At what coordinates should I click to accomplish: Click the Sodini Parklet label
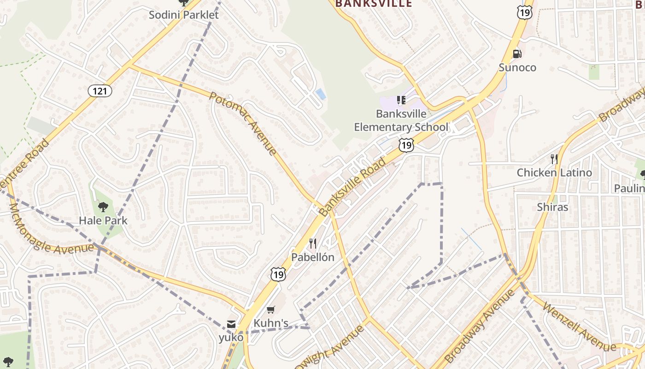[x=183, y=15]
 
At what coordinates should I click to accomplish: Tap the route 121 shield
[x=100, y=91]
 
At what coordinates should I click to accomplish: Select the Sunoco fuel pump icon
[x=517, y=54]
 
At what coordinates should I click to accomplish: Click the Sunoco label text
[x=517, y=68]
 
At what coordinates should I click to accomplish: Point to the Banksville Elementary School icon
[x=401, y=100]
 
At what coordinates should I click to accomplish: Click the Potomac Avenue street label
[x=243, y=123]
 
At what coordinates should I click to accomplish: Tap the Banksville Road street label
[x=352, y=187]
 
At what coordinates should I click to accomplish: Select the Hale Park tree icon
[x=103, y=207]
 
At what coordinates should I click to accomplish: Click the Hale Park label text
[x=103, y=220]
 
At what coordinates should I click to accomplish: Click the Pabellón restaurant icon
[x=313, y=244]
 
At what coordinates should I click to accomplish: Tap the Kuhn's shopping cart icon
[x=271, y=310]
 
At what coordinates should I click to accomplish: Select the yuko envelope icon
[x=231, y=324]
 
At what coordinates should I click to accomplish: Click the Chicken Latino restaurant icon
[x=554, y=159]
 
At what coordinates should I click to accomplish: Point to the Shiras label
[x=552, y=207]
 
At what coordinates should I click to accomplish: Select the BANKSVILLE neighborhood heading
[x=373, y=4]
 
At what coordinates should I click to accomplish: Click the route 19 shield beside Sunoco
[x=524, y=12]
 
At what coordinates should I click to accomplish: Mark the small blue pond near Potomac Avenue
[x=321, y=95]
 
